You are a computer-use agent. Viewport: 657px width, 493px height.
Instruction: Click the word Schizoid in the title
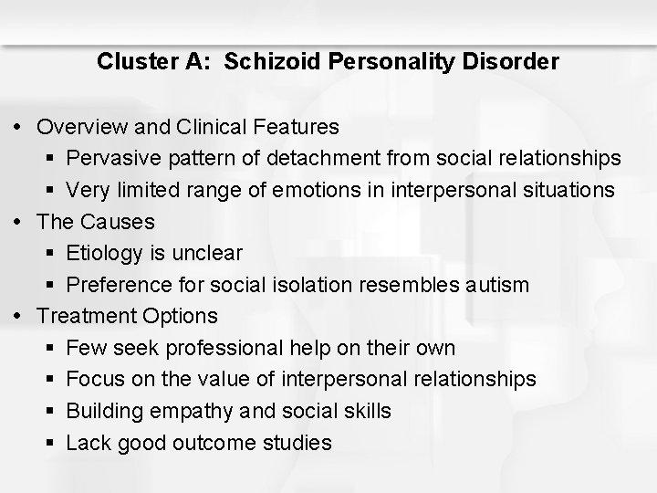coord(266,63)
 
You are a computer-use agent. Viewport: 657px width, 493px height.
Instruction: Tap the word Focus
coord(95,379)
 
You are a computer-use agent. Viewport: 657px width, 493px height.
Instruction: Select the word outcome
coord(214,443)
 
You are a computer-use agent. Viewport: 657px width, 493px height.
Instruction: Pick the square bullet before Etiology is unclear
coord(47,253)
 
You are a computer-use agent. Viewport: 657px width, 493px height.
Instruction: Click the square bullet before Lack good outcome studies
coord(47,443)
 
